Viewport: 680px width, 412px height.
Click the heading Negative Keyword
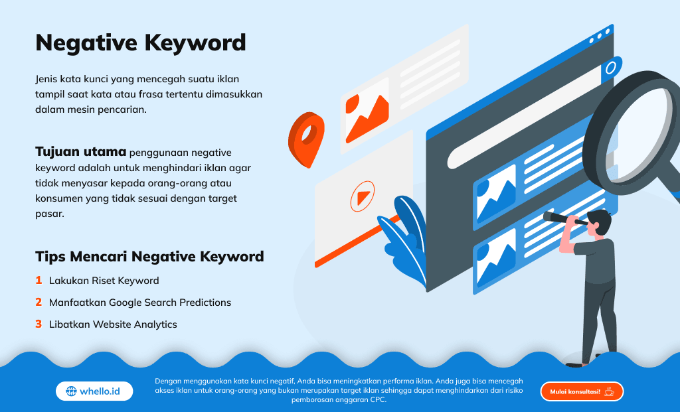point(141,43)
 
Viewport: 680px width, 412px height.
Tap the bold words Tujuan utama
point(80,152)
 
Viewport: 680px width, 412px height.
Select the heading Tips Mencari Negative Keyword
point(149,257)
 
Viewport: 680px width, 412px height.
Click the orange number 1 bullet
point(39,280)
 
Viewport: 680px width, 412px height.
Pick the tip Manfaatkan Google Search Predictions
point(140,303)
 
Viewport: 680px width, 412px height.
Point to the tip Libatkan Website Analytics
point(113,324)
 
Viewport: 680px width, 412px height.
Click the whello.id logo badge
point(94,391)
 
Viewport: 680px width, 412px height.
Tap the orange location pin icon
point(306,139)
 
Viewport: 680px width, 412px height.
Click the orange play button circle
point(363,196)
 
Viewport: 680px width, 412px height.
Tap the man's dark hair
point(600,220)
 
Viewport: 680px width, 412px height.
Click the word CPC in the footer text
point(377,400)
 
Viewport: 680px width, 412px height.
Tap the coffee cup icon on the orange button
point(610,391)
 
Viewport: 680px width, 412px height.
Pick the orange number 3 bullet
point(39,324)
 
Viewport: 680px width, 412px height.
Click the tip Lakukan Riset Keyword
point(104,281)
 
